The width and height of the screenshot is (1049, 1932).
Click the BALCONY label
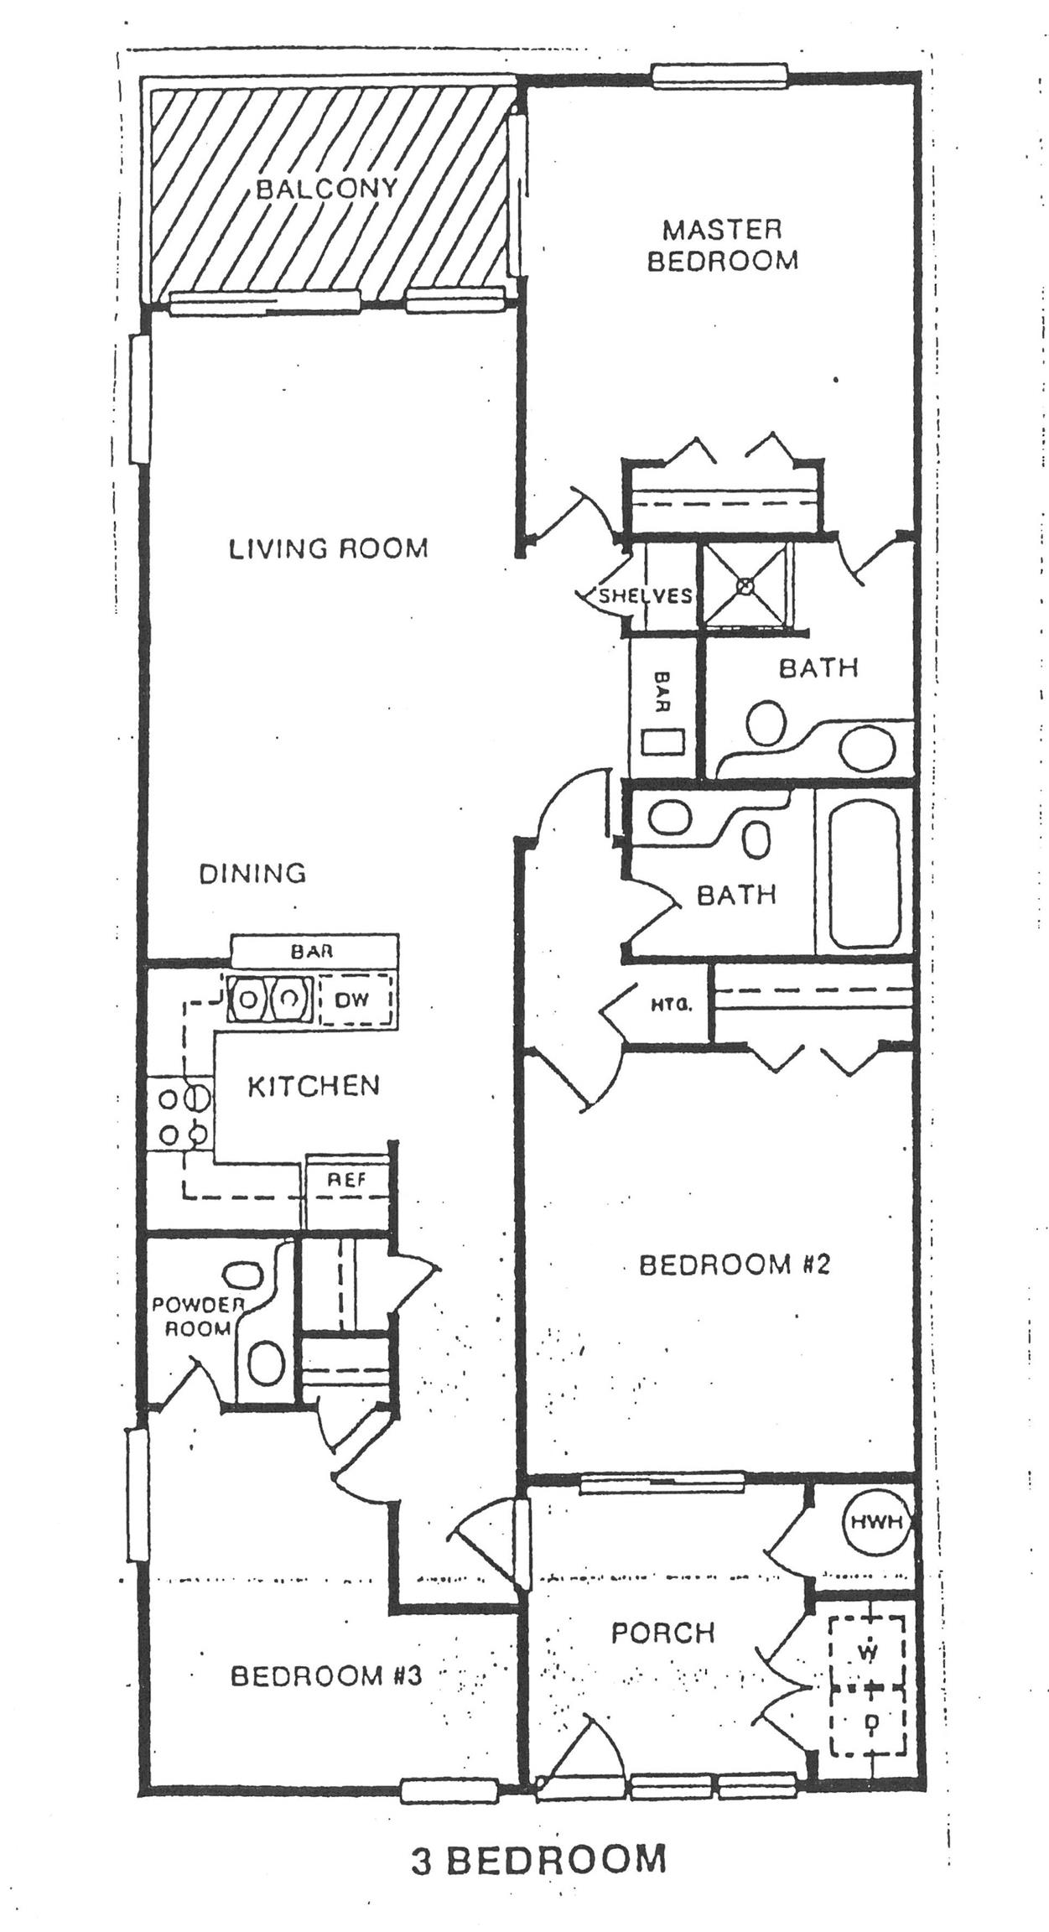point(326,188)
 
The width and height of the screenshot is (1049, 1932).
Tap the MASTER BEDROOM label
point(722,244)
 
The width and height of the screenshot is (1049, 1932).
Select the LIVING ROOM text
point(329,548)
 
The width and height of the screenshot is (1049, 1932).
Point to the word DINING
point(252,874)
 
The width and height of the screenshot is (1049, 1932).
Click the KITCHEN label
point(314,1086)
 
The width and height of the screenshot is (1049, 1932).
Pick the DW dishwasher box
point(354,1000)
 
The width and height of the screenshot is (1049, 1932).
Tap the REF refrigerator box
point(347,1180)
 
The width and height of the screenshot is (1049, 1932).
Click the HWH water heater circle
point(877,1522)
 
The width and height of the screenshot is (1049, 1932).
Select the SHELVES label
point(644,595)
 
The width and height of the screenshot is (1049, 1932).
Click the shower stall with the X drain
point(745,584)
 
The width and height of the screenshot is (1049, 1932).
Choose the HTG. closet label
point(672,1003)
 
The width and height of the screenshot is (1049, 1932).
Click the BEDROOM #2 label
point(734,1265)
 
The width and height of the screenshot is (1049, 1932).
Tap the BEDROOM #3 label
point(325,1676)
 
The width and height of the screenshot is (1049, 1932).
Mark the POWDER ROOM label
point(197,1317)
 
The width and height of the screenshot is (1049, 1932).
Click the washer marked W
point(869,1652)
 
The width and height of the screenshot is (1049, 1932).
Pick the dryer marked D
point(870,1719)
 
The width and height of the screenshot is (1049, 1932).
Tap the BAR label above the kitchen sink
point(312,951)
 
